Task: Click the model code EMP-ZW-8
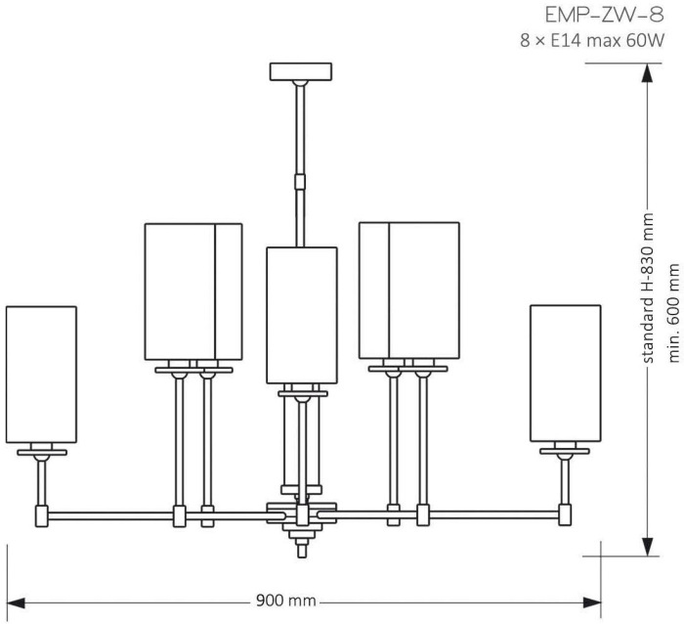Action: (x=604, y=16)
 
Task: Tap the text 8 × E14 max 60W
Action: (x=592, y=41)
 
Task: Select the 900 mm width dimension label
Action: (x=285, y=601)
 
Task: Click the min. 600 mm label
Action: (x=674, y=313)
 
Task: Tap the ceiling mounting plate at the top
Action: (x=301, y=71)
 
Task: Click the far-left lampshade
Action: (x=41, y=375)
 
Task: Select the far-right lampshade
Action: (x=566, y=374)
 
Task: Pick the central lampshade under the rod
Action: (x=302, y=315)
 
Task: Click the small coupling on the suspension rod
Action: (x=300, y=182)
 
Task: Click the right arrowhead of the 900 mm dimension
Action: (x=592, y=603)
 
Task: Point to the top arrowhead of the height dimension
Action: (x=647, y=73)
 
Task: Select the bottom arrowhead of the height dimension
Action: (x=647, y=547)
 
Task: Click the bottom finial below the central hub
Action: (x=301, y=549)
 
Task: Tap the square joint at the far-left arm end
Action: (x=42, y=516)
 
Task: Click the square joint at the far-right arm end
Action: (x=565, y=514)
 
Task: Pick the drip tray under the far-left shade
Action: (x=42, y=453)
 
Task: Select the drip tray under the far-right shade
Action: (x=565, y=451)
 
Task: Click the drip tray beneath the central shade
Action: (x=303, y=393)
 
